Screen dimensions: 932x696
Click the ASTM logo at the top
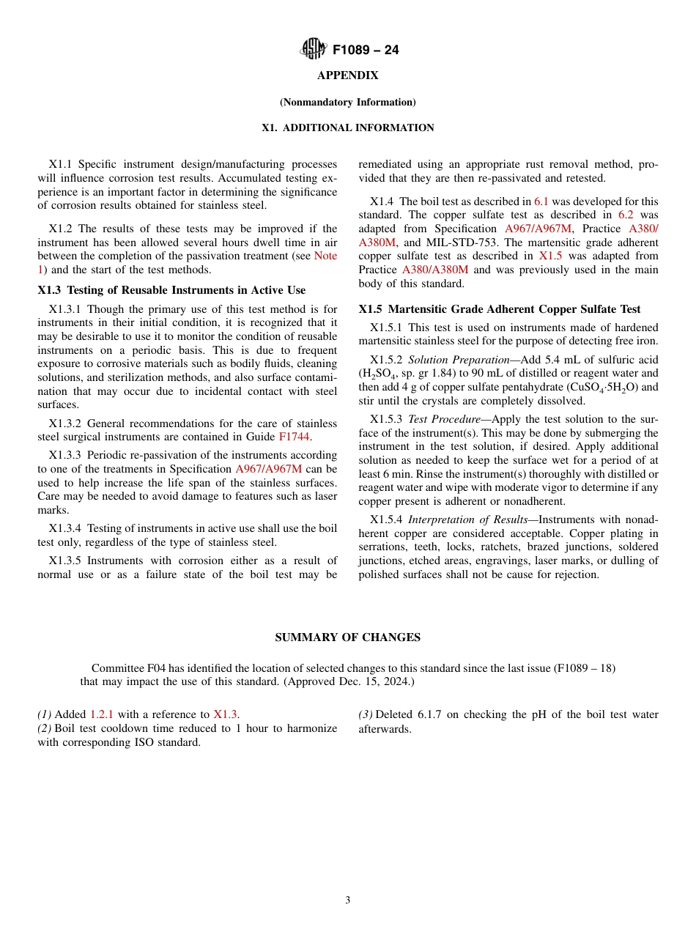pyautogui.click(x=314, y=50)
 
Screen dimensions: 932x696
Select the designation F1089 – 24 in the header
pyautogui.click(x=366, y=51)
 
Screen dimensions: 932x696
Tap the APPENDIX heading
pyautogui.click(x=347, y=75)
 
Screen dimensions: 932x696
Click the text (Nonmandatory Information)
pyautogui.click(x=347, y=102)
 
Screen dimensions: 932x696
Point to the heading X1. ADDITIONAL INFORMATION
pyautogui.click(x=347, y=127)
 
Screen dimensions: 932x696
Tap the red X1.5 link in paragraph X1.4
pyautogui.click(x=550, y=256)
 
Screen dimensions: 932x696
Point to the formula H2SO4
pyautogui.click(x=380, y=374)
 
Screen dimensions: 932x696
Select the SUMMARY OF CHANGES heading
pyautogui.click(x=347, y=637)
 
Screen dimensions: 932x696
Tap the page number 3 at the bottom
pyautogui.click(x=348, y=900)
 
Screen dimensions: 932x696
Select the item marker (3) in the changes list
pyautogui.click(x=366, y=714)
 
